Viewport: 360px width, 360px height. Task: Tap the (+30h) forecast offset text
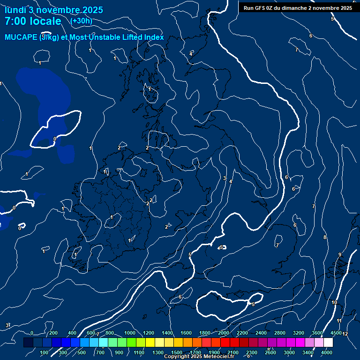(x=81, y=21)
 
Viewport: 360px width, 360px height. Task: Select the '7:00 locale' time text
(x=33, y=21)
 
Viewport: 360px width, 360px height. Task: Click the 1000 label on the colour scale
(x=130, y=333)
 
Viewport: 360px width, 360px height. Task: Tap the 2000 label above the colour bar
(x=223, y=333)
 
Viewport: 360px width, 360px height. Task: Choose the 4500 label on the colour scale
(x=336, y=333)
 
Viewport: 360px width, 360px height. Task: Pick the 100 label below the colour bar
(x=45, y=352)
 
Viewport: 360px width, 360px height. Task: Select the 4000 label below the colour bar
(x=327, y=352)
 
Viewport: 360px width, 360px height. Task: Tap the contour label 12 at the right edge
(x=345, y=334)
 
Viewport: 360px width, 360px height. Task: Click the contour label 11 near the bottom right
(x=339, y=321)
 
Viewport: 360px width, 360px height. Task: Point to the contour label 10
(x=334, y=303)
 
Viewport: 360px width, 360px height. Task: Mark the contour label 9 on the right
(x=340, y=255)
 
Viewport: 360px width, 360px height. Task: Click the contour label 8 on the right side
(x=324, y=238)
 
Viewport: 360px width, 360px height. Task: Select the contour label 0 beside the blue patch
(x=55, y=139)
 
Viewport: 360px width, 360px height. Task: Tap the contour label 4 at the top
(x=191, y=54)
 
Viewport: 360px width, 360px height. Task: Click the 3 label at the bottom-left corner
(x=7, y=325)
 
